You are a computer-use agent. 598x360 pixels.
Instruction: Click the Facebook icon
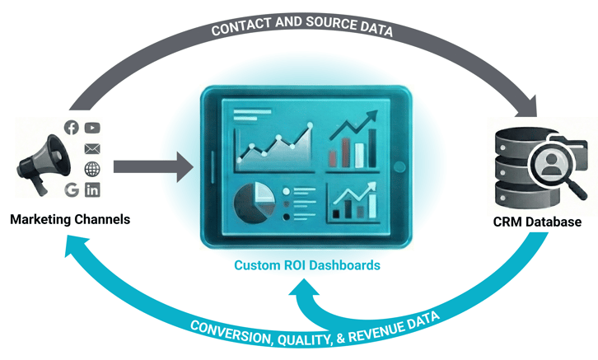click(72, 128)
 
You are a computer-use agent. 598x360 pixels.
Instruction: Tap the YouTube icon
click(91, 128)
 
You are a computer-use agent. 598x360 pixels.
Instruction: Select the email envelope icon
click(91, 148)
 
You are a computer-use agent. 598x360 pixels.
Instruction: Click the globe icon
click(91, 170)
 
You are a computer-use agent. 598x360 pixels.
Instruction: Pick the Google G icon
click(72, 190)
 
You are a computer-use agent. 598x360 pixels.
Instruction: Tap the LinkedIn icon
click(91, 190)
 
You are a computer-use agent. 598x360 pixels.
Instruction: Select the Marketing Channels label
click(70, 220)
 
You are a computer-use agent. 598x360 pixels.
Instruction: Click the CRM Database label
click(537, 222)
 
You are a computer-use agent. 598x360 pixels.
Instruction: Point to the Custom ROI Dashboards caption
click(307, 266)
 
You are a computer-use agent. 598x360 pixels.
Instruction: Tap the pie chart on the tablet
click(255, 200)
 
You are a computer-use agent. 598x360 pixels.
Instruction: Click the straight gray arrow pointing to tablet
click(152, 167)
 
